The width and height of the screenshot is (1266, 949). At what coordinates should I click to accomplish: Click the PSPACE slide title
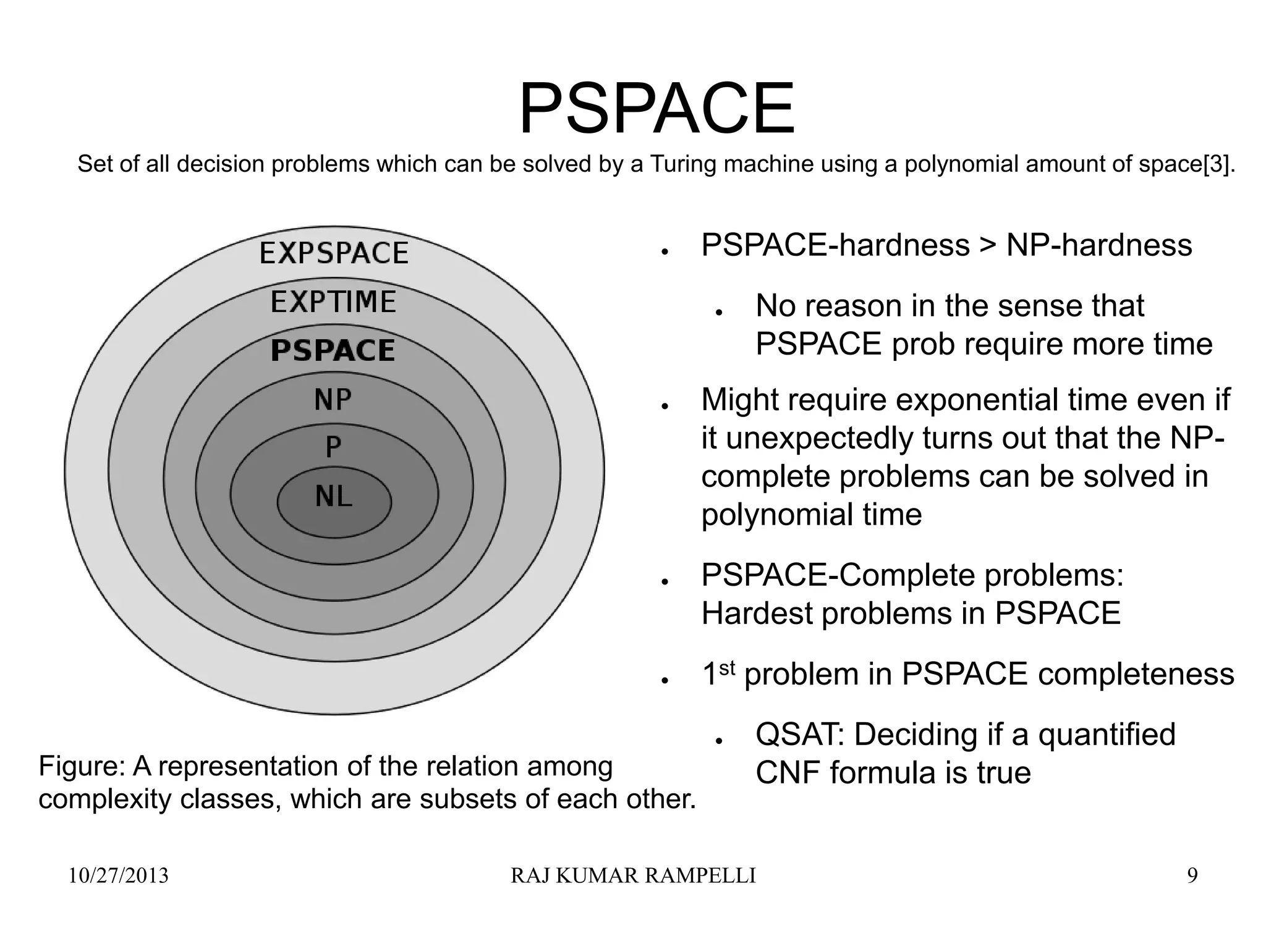point(656,110)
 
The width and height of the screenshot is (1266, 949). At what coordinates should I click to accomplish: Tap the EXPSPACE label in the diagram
point(334,253)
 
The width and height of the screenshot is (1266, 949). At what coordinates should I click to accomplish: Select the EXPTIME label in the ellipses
point(333,302)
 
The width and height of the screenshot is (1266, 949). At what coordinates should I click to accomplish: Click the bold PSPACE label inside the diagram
point(333,351)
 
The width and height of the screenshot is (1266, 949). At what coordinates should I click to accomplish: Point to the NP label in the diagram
point(333,400)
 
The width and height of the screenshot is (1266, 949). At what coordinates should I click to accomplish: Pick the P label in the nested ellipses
point(333,447)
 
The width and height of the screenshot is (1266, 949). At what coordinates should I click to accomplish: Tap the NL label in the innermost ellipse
point(333,496)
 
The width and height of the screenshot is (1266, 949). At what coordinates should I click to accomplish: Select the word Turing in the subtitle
point(684,164)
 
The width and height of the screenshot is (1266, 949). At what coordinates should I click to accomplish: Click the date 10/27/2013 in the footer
point(118,876)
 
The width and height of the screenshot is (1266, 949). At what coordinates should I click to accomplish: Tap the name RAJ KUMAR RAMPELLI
point(633,876)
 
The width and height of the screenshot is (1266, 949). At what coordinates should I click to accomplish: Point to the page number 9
point(1192,876)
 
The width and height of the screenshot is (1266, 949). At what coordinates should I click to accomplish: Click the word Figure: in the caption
point(82,767)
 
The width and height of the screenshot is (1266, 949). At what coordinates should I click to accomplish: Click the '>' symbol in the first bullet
point(988,245)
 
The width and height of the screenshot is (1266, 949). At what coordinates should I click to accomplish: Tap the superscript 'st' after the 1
point(728,667)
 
